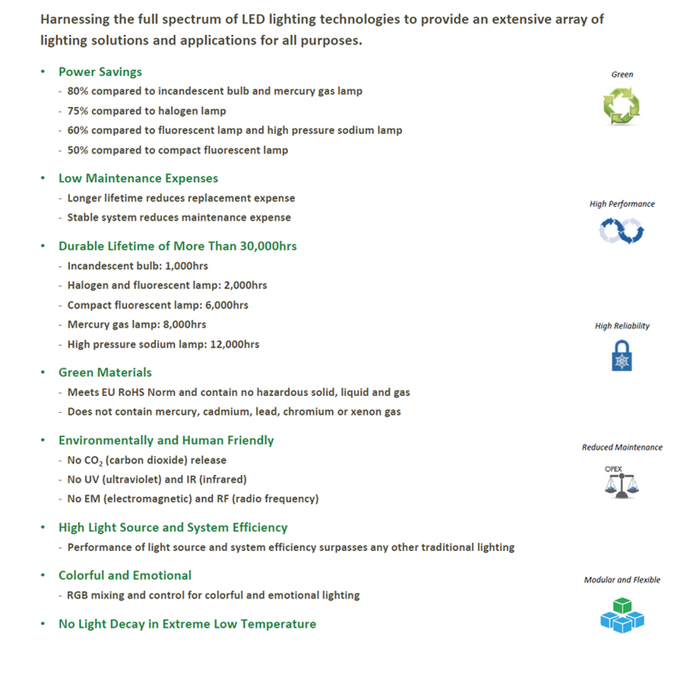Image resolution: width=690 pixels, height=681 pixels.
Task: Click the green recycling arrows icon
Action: (622, 106)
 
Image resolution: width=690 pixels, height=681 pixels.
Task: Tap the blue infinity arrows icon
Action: (622, 231)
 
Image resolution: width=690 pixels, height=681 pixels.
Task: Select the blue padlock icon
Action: (622, 355)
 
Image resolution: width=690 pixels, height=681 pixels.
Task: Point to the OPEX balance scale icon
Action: (622, 481)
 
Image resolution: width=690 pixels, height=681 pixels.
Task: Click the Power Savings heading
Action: (100, 72)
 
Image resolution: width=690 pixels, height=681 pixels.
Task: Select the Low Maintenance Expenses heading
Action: (138, 179)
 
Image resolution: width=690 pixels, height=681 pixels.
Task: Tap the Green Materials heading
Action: (105, 372)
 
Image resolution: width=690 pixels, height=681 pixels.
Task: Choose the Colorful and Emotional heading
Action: (125, 575)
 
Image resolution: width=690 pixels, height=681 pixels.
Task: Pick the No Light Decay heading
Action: (187, 624)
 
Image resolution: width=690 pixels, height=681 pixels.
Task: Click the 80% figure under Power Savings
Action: (79, 91)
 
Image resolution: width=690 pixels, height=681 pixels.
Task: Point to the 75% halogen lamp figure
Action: (78, 111)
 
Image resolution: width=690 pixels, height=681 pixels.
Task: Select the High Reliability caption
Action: (622, 326)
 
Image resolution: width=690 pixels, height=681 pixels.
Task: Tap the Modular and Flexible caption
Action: (622, 580)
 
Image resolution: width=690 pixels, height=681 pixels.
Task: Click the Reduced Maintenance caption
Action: (622, 448)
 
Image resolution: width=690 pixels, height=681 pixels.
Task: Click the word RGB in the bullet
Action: (79, 595)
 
